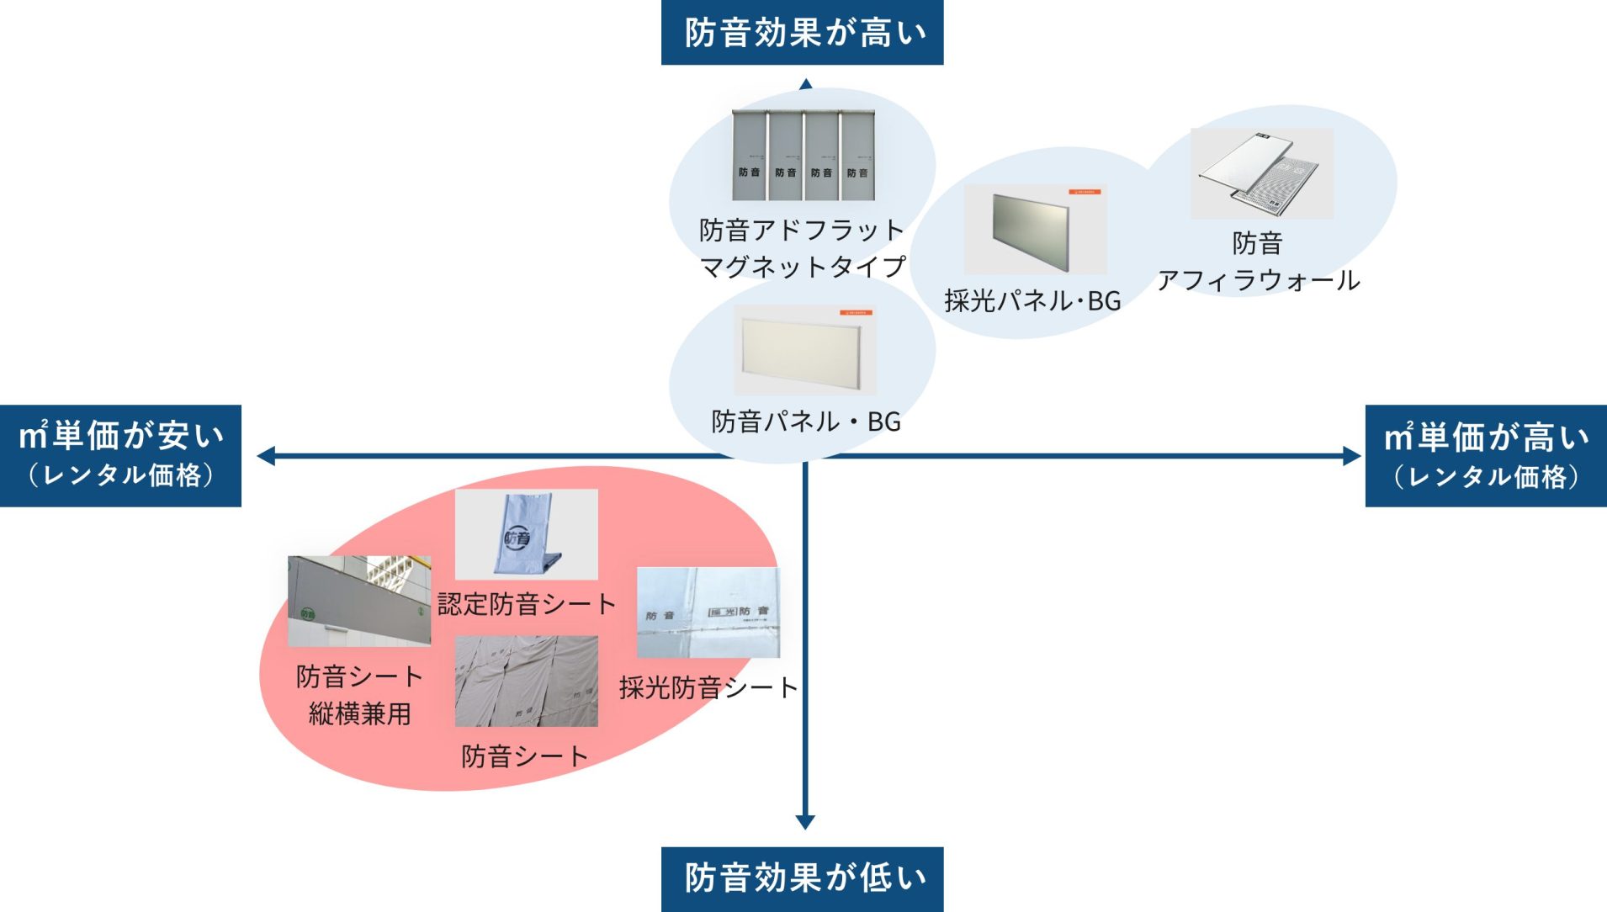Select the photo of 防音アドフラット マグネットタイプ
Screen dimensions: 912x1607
(x=803, y=155)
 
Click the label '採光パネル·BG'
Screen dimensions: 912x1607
(x=1032, y=301)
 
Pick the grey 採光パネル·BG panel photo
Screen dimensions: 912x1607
(x=1034, y=229)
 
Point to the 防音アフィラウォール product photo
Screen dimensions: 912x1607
(x=1261, y=173)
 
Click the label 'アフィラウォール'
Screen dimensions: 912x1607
(x=1258, y=280)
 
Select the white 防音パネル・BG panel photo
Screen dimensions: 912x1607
(x=804, y=350)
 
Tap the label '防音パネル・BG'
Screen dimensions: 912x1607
(x=805, y=422)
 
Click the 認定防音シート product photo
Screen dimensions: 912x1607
(x=526, y=534)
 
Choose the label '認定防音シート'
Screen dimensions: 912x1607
(x=527, y=604)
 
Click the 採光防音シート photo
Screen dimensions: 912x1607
(x=708, y=612)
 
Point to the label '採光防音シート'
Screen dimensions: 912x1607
(x=708, y=688)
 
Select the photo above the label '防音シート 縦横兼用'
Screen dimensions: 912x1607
(x=359, y=601)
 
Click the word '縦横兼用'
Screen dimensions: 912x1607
(x=359, y=714)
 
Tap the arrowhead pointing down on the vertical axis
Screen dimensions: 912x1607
(x=805, y=822)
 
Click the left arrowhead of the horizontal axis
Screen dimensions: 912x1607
(x=266, y=456)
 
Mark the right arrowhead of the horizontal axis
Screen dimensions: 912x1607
(x=1352, y=456)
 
